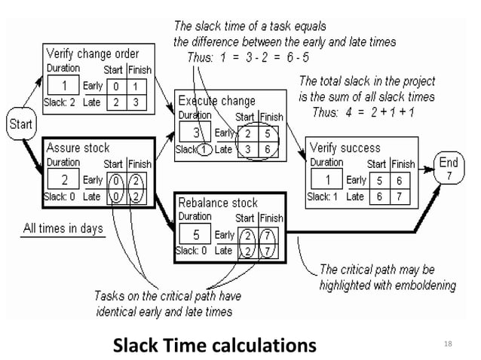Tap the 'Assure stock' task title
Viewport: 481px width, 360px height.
(x=78, y=147)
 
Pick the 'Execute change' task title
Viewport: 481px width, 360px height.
(x=217, y=99)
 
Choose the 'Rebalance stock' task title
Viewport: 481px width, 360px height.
(x=218, y=203)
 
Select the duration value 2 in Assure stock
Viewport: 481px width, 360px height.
(x=65, y=179)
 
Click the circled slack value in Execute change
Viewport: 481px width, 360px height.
(x=202, y=149)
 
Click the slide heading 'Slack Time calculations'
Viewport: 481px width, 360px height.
(x=214, y=346)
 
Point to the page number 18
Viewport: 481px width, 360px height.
(x=450, y=345)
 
